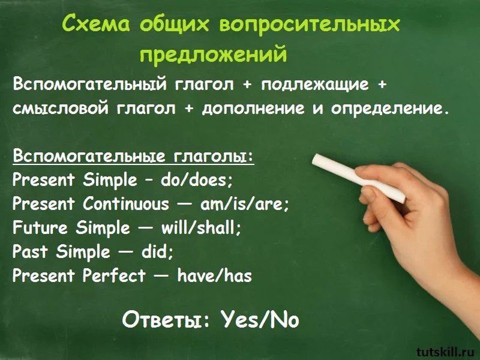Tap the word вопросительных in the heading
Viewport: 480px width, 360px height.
(310, 24)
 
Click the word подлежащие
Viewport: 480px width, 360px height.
(316, 85)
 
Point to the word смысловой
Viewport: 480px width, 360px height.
(61, 109)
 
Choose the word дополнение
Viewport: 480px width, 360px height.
(253, 109)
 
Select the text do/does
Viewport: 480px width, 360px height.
(197, 180)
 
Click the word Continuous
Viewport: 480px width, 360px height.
(126, 203)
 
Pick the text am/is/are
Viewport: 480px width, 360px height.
(244, 204)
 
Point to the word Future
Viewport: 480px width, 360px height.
(40, 228)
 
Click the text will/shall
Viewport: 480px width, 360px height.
(201, 228)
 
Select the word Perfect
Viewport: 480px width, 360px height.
(114, 275)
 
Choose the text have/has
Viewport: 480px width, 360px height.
(215, 275)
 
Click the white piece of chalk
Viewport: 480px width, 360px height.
(359, 178)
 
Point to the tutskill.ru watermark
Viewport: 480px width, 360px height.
(447, 352)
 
